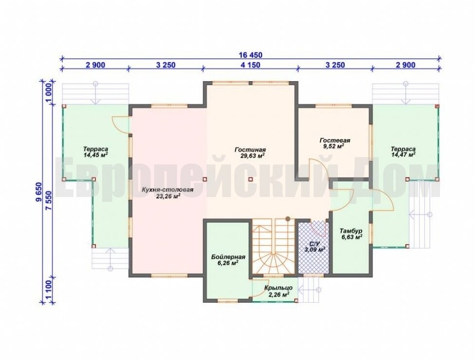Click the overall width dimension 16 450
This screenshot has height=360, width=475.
tap(251, 55)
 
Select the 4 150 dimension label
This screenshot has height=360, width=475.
tap(250, 65)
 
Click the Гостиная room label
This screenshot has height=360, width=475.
tap(250, 150)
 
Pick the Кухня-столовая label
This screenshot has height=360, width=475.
tap(168, 190)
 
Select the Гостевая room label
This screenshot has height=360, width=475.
tap(335, 140)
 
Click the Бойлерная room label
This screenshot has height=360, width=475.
tap(228, 257)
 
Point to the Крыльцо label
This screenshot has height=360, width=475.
tap(279, 288)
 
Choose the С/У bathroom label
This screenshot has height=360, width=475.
tap(315, 243)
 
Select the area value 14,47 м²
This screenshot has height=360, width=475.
tap(403, 155)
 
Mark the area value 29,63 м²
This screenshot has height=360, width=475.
tap(250, 156)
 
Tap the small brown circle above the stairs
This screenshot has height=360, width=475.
tap(287, 218)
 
